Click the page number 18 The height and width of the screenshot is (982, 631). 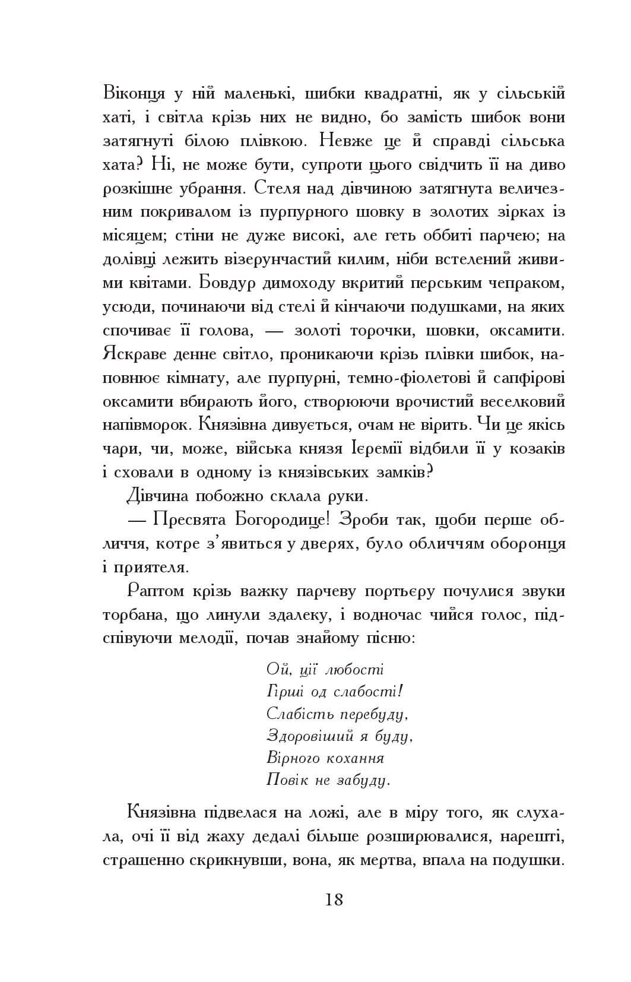[x=334, y=899]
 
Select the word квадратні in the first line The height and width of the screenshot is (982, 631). [x=397, y=94]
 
